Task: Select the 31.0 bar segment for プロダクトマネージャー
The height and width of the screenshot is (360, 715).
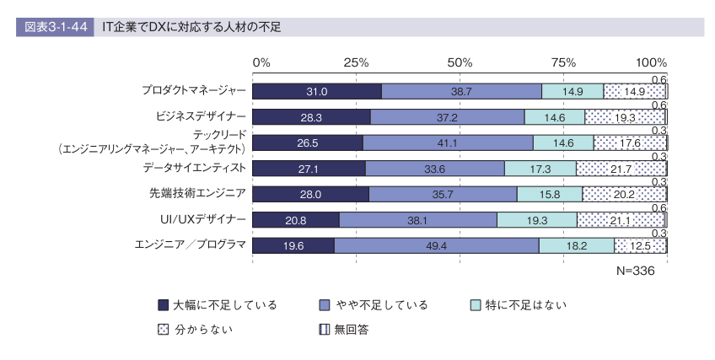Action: tap(317, 92)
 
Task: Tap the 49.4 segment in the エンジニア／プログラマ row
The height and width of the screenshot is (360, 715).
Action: tap(437, 245)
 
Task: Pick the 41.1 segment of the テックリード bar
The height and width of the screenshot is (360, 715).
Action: tap(448, 143)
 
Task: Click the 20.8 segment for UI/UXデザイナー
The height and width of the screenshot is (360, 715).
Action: tap(295, 220)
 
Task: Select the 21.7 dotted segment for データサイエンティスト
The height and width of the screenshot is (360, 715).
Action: tap(621, 169)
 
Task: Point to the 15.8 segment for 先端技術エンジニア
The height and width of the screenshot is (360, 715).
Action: tap(550, 195)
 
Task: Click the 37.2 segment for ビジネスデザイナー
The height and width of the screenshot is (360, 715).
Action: tap(448, 117)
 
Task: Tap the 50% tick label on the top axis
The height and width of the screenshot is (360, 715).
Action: tap(460, 63)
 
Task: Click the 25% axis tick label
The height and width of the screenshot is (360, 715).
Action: tap(356, 63)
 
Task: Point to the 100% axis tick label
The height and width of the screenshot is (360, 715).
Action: tap(651, 63)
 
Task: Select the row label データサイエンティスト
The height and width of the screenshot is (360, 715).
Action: tap(195, 168)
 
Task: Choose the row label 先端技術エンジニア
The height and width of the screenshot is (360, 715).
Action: tap(197, 193)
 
